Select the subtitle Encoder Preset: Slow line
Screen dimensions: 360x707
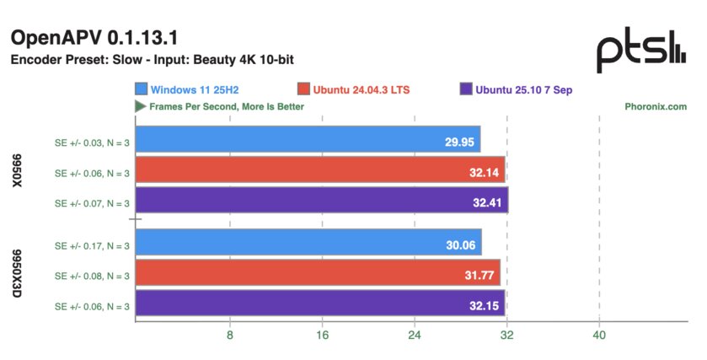[152, 61]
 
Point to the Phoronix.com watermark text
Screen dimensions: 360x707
[656, 107]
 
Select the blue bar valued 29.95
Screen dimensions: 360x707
[308, 140]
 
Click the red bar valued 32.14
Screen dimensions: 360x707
[319, 170]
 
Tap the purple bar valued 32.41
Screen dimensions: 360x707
[321, 201]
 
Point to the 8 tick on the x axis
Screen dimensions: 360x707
[229, 336]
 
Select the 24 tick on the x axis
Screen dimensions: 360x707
[415, 336]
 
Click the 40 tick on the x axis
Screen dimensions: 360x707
[599, 336]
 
